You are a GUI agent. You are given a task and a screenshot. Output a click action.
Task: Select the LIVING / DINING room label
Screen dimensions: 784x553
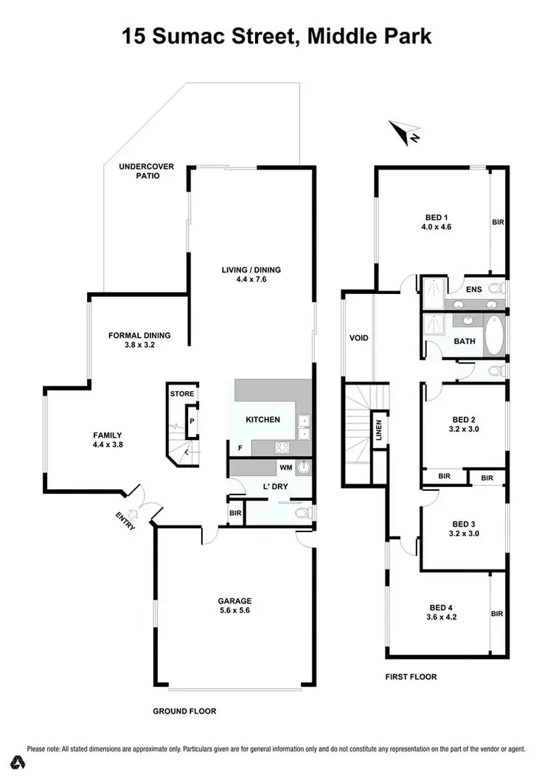[x=251, y=274]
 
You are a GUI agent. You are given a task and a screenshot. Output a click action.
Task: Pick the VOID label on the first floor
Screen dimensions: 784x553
[x=358, y=338]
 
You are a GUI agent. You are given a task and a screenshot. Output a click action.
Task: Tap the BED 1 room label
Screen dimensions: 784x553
[x=436, y=222]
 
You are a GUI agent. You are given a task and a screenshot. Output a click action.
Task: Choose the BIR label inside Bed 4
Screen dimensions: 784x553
[x=497, y=613]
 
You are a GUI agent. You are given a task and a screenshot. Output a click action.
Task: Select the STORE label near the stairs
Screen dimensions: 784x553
[x=182, y=394]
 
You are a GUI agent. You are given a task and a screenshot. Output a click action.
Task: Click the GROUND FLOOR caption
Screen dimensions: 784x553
[x=184, y=711]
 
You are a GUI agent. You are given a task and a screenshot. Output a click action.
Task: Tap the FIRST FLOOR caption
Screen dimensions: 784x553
[x=411, y=676]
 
